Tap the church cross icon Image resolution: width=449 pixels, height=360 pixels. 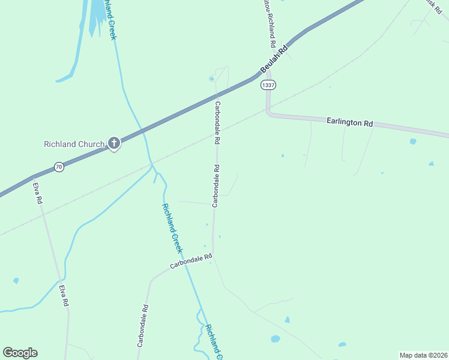click(x=113, y=143)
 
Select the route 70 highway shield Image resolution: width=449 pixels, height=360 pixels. click(x=58, y=167)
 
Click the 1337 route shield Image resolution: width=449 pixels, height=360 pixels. click(x=268, y=85)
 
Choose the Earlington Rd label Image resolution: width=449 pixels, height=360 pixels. click(x=350, y=122)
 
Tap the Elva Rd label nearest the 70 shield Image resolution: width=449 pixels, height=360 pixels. click(x=38, y=193)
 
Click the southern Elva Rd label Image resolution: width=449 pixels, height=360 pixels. click(x=64, y=296)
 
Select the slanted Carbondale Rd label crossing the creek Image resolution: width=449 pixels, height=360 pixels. click(x=191, y=260)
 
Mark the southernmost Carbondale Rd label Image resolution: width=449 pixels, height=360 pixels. click(x=142, y=325)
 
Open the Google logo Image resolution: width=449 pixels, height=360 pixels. click(x=20, y=353)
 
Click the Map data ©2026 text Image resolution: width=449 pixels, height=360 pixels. click(x=423, y=355)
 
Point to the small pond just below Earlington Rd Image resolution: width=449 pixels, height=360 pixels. click(x=412, y=142)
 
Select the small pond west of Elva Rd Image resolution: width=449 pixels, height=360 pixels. click(x=16, y=280)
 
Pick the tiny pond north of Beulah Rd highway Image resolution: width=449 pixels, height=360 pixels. click(x=211, y=79)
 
